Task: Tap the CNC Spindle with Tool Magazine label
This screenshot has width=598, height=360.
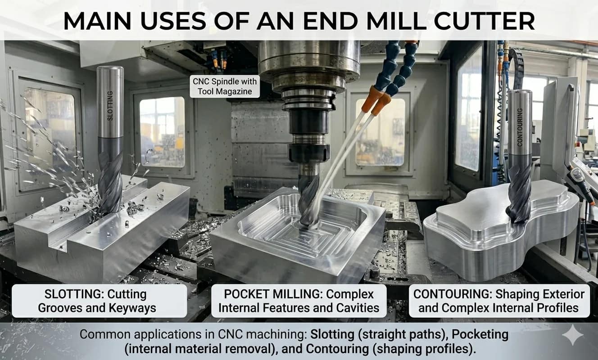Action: click(225, 86)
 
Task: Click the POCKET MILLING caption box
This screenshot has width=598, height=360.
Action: click(299, 301)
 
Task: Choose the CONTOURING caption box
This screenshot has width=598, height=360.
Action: click(498, 301)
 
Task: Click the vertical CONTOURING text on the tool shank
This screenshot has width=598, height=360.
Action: click(520, 127)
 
